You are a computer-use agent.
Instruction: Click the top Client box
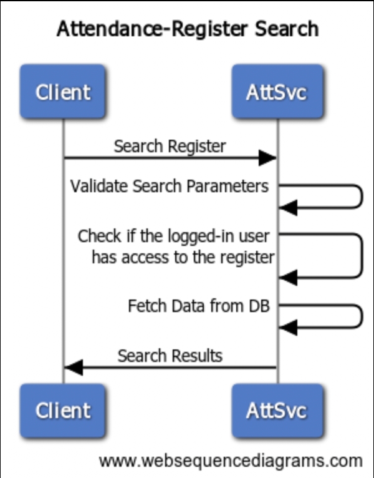63,92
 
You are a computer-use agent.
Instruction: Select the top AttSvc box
277,92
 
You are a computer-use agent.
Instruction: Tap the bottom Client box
63,411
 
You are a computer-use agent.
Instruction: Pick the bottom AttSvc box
277,411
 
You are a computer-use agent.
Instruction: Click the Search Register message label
170,147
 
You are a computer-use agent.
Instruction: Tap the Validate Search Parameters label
169,187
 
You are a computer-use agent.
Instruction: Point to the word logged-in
201,237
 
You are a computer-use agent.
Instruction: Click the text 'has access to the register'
183,258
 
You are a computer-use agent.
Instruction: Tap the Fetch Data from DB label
198,307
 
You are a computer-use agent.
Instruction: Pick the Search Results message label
170,356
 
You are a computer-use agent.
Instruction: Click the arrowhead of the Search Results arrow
74,368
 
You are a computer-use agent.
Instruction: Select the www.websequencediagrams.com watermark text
230,461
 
